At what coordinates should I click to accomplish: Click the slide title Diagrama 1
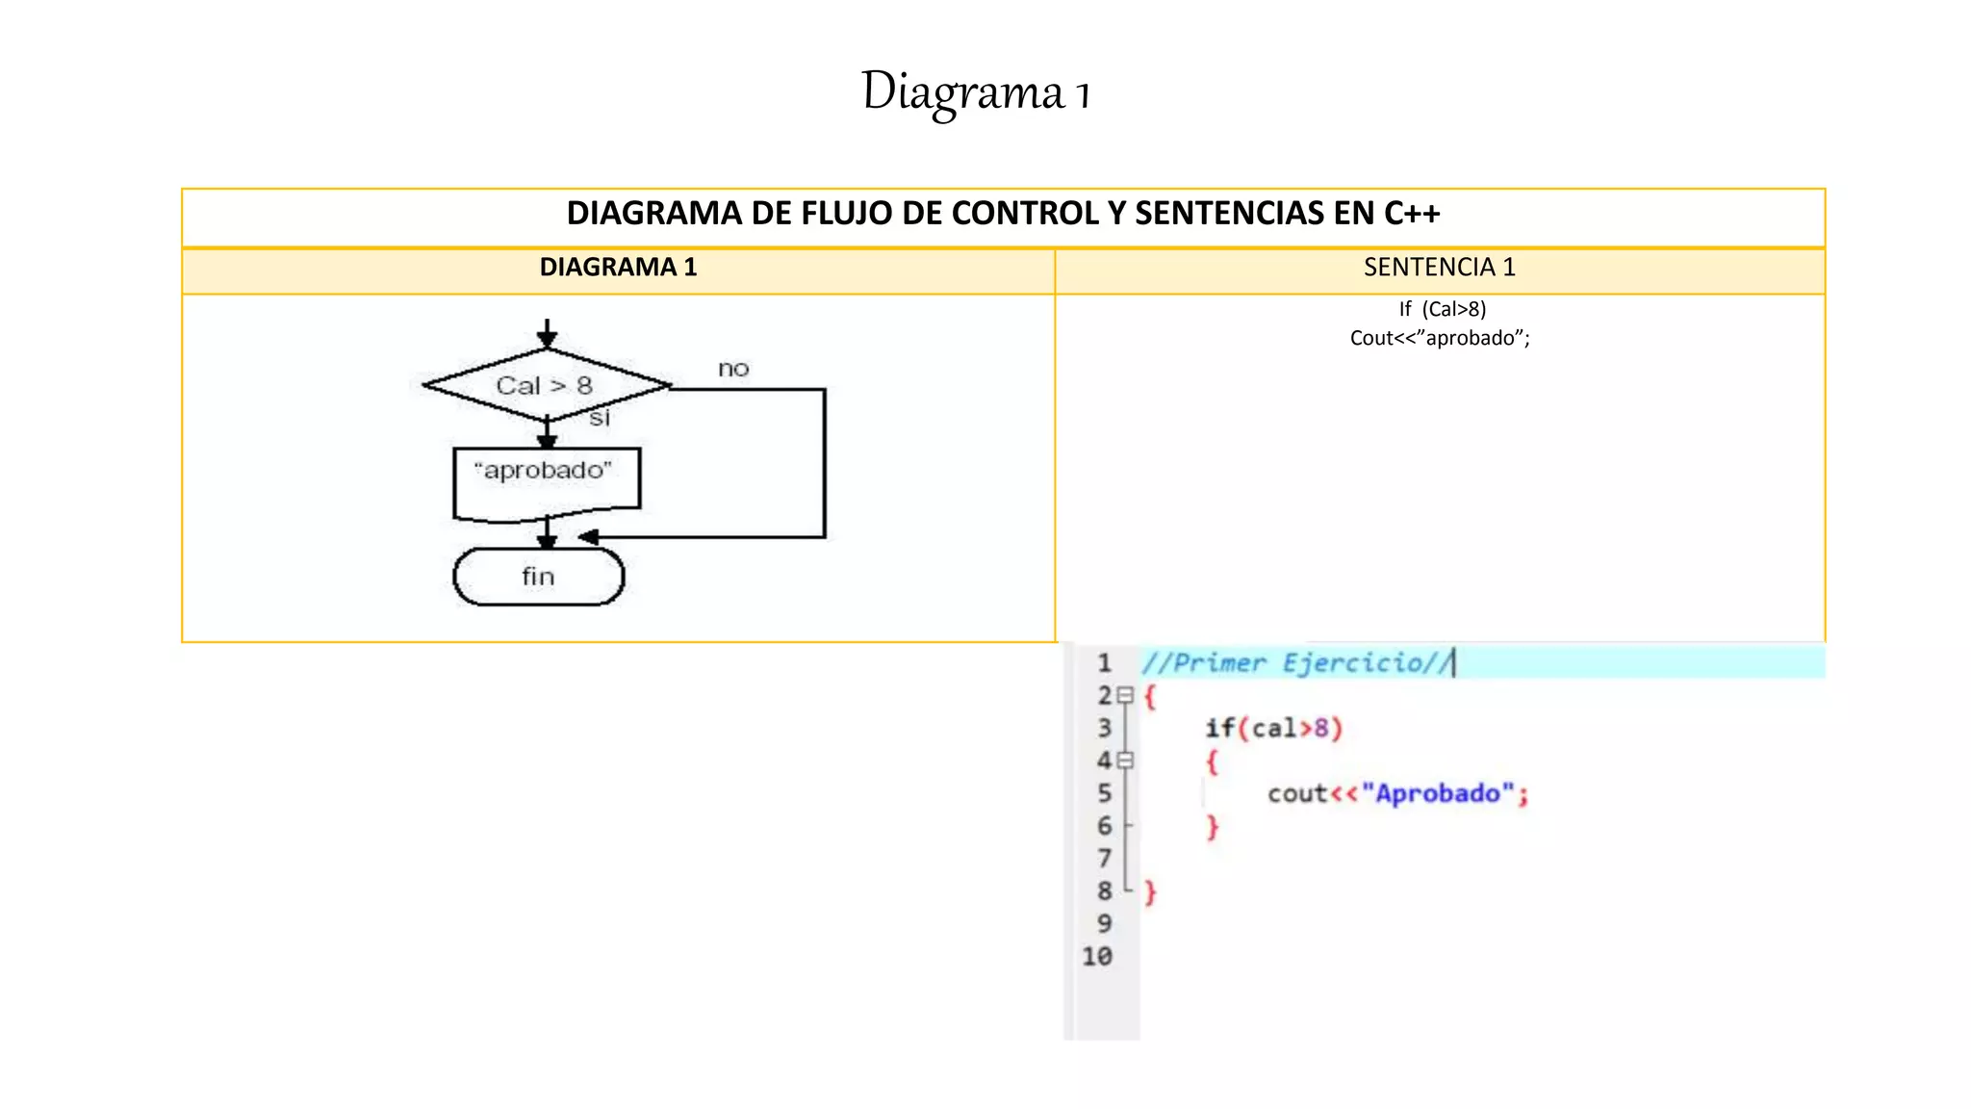[975, 93]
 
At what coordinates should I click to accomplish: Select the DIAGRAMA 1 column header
[618, 268]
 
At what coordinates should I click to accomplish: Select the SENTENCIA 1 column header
[1439, 268]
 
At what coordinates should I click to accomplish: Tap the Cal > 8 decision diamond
[546, 386]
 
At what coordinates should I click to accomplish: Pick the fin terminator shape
[538, 577]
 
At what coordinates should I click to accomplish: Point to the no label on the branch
[733, 369]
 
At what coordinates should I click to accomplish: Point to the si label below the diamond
[600, 418]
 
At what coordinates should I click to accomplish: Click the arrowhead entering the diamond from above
[547, 339]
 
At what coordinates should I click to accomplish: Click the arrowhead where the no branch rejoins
[588, 537]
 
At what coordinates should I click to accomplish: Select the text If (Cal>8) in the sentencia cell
[1442, 309]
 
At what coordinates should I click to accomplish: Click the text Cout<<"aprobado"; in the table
[1439, 338]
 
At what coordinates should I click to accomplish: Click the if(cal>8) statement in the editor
[1272, 729]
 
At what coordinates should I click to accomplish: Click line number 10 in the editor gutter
[1097, 957]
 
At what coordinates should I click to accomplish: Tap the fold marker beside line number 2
[1125, 695]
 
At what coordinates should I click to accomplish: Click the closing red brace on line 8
[1150, 892]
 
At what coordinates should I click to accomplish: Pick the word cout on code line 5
[1295, 794]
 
